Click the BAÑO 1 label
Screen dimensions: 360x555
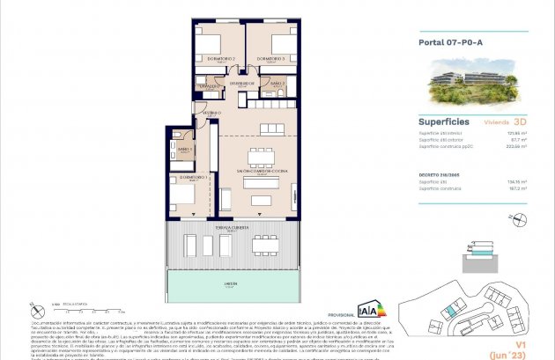[185, 149]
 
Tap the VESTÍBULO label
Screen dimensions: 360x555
[208, 114]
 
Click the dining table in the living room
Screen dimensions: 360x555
[260, 158]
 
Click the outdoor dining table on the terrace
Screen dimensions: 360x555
[265, 245]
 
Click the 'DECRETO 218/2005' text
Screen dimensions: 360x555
[437, 175]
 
